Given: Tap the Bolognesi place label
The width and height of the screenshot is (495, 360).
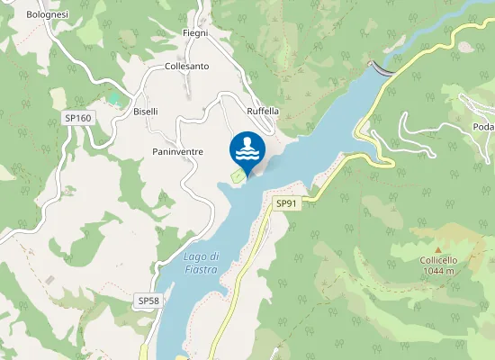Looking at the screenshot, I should point(47,15).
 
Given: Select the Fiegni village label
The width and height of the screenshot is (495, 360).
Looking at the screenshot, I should point(195,33).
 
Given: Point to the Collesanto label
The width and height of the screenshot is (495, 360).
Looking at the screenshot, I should point(187,67).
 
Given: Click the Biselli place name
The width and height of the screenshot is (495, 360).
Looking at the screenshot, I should point(145,112).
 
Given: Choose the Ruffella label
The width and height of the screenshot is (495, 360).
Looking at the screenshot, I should point(263,112).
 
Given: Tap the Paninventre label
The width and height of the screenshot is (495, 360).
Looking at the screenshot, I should point(177,152).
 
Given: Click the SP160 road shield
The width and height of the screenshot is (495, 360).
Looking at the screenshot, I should point(77,118).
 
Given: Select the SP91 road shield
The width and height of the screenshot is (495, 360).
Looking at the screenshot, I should point(286,203).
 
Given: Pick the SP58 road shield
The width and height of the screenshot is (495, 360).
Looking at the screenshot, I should point(148,300).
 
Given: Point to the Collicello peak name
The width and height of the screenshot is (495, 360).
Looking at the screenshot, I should point(438,260).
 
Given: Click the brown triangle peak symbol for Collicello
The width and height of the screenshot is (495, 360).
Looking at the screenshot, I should point(438,249).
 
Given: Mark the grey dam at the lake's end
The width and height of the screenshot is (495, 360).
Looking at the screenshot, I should point(382,68).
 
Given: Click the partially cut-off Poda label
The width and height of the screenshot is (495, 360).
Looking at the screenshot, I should point(483,127).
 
